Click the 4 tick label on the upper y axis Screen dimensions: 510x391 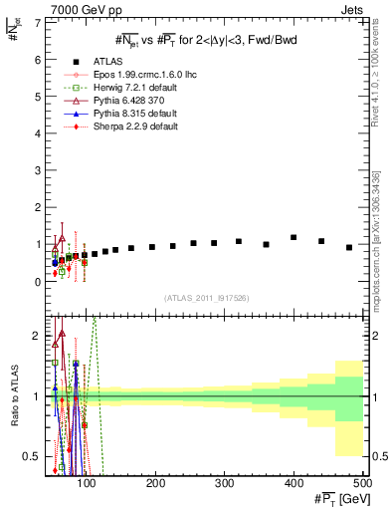pos(38,133)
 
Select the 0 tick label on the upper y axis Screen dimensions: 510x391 pos(38,282)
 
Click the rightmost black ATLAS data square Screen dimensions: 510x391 pos(349,247)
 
